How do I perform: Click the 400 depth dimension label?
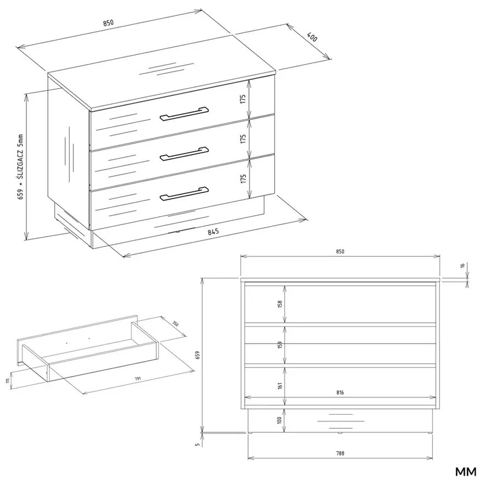tap(312, 37)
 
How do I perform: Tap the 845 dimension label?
tap(213, 231)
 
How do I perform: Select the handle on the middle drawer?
tap(184, 153)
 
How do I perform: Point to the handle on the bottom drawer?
tap(184, 193)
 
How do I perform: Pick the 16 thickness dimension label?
tap(463, 266)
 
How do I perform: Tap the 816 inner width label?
tap(340, 393)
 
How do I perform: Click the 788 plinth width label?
tap(340, 453)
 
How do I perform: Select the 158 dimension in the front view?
tap(280, 304)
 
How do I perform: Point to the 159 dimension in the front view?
tap(280, 344)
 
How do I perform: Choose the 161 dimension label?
tap(280, 386)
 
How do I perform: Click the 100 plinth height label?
tap(279, 421)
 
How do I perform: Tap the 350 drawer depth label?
tap(175, 324)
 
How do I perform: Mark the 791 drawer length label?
tap(137, 378)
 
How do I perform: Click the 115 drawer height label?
tap(7, 381)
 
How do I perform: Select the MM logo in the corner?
tap(465, 472)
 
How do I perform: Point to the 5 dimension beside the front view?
tap(198, 444)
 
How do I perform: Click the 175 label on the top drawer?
tap(243, 99)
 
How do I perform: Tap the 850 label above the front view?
tap(340, 251)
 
